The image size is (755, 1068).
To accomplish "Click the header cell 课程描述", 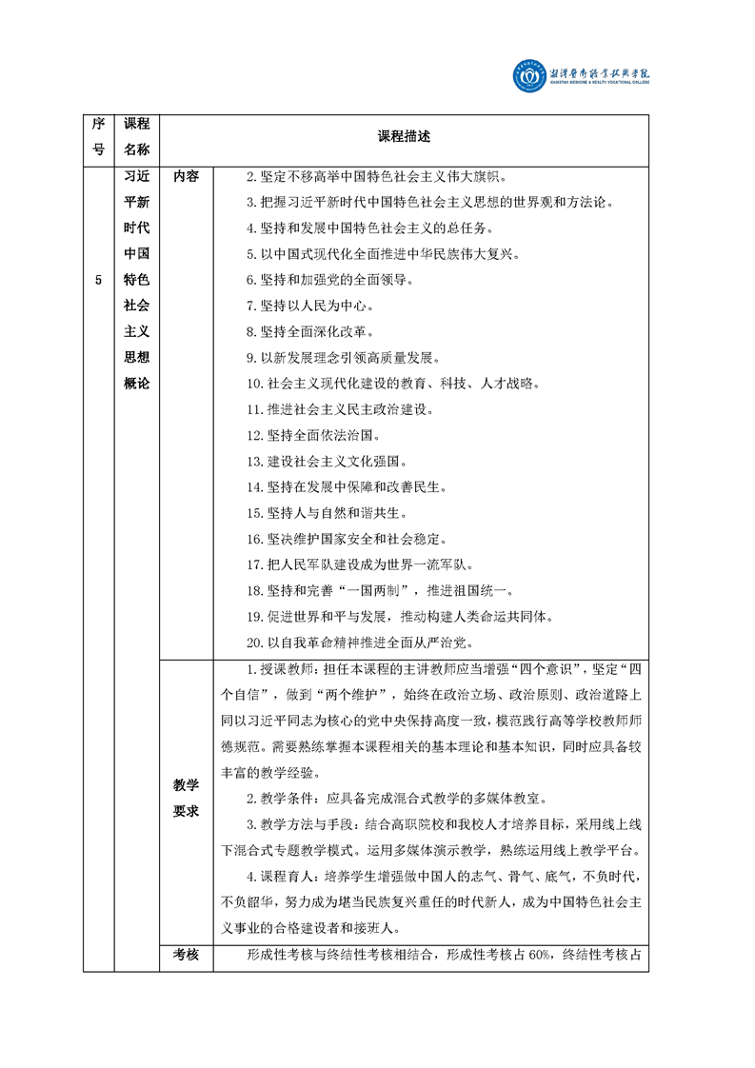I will (404, 137).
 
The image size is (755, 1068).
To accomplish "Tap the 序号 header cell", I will (98, 137).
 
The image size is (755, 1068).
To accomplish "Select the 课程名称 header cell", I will (137, 137).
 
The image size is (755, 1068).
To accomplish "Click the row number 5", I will (98, 280).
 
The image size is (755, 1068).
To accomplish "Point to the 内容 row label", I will (187, 177).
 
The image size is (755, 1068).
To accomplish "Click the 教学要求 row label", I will (187, 798).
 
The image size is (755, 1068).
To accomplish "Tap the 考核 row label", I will (187, 956).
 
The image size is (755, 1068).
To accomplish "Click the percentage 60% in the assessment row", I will (541, 956).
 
